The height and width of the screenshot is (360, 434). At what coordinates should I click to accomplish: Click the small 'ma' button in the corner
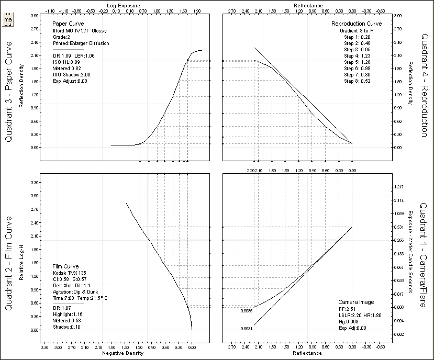(7, 20)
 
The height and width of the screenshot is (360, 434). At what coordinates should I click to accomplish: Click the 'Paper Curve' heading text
(66, 24)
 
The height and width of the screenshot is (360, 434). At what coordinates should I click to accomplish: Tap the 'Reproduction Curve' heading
(357, 24)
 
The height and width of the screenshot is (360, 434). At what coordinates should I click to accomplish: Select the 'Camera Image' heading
(356, 302)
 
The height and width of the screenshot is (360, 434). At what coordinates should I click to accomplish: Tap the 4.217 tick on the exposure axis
(398, 187)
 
